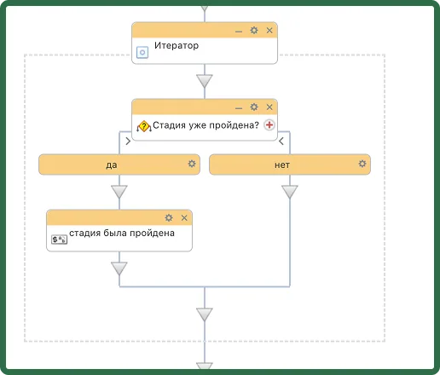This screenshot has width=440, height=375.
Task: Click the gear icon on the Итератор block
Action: click(x=254, y=31)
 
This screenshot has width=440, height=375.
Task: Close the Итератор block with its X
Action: click(x=269, y=31)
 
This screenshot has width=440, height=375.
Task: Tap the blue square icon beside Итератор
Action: click(x=142, y=52)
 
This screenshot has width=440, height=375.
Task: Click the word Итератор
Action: click(x=177, y=45)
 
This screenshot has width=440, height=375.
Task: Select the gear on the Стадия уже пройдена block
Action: click(x=254, y=107)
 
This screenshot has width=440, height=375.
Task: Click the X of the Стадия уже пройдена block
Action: click(x=269, y=107)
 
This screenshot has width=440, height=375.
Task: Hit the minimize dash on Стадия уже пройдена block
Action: click(x=239, y=108)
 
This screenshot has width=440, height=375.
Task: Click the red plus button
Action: click(x=269, y=124)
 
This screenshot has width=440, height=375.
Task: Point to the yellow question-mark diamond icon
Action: click(x=144, y=126)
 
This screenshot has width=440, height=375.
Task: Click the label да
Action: click(x=112, y=164)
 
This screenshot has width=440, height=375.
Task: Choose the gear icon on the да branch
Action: click(x=192, y=164)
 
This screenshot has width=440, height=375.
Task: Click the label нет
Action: click(x=282, y=164)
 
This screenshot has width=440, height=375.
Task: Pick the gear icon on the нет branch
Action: click(x=362, y=164)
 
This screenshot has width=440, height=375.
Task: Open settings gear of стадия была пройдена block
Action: click(x=169, y=218)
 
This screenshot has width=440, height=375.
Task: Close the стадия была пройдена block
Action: click(x=184, y=218)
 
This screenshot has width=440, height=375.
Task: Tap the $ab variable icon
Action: click(x=59, y=239)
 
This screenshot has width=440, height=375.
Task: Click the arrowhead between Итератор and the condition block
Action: click(x=205, y=81)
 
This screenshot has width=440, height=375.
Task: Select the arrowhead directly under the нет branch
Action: click(x=290, y=192)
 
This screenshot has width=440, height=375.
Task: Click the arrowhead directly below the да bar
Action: click(x=119, y=192)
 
